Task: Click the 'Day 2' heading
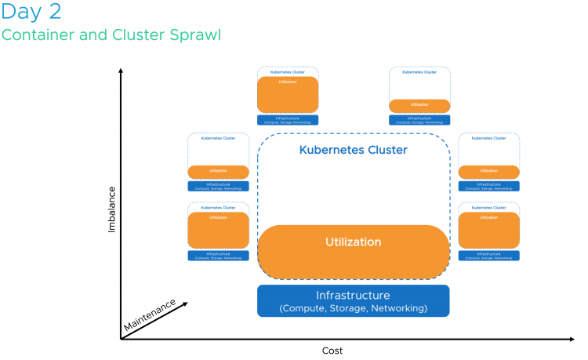pyautogui.click(x=31, y=13)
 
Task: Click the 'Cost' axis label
pyautogui.click(x=332, y=351)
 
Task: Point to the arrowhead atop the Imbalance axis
pyautogui.click(x=121, y=72)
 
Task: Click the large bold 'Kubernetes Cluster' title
pyautogui.click(x=354, y=150)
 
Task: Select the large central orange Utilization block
pyautogui.click(x=354, y=251)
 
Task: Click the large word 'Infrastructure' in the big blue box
pyautogui.click(x=353, y=296)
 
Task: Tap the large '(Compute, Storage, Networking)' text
pyautogui.click(x=353, y=309)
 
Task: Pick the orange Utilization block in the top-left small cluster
pyautogui.click(x=288, y=95)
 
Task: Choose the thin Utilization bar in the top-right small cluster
pyautogui.click(x=420, y=104)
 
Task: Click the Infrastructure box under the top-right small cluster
pyautogui.click(x=420, y=120)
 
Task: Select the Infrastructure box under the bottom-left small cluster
pyautogui.click(x=218, y=256)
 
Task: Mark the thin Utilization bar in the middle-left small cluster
pyautogui.click(x=218, y=171)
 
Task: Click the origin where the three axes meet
pyautogui.click(x=121, y=339)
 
